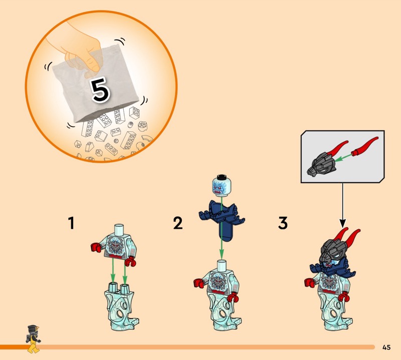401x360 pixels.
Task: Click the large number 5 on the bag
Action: point(101,90)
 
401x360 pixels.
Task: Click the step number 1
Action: point(71,223)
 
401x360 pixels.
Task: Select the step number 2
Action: point(178,223)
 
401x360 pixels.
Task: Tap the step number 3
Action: point(283,223)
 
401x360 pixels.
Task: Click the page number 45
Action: point(386,347)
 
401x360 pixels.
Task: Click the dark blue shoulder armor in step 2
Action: point(222,220)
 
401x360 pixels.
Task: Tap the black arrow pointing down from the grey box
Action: point(343,205)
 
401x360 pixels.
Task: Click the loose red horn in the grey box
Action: point(364,147)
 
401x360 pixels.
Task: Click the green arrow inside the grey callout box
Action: point(343,157)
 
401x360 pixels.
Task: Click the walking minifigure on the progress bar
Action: point(33,339)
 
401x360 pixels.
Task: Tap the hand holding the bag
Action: point(82,51)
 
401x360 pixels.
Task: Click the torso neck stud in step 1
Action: point(119,229)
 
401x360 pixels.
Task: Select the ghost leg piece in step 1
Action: point(121,306)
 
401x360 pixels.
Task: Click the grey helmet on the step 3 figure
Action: point(332,250)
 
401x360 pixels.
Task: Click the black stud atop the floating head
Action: point(222,177)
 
